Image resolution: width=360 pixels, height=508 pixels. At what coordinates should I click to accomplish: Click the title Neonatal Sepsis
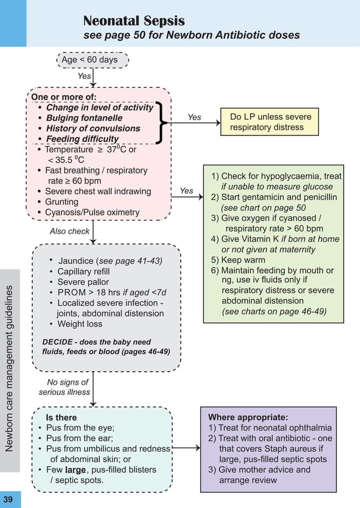click(x=134, y=21)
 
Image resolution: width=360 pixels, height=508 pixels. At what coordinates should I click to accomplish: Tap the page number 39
click(x=8, y=500)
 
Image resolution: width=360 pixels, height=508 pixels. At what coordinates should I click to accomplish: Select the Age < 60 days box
click(x=93, y=59)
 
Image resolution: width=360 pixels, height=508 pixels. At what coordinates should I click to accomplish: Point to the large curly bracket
click(x=162, y=123)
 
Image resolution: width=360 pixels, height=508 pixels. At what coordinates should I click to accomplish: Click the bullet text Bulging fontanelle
click(x=84, y=118)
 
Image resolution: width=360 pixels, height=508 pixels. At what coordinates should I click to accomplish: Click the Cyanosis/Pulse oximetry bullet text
click(x=92, y=212)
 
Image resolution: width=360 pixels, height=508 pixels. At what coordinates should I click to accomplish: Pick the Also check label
click(x=69, y=231)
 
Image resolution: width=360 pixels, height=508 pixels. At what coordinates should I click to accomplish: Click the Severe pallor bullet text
click(x=83, y=282)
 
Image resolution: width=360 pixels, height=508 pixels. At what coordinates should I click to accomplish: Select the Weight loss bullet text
click(x=80, y=324)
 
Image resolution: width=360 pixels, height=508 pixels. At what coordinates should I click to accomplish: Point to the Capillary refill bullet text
click(x=83, y=271)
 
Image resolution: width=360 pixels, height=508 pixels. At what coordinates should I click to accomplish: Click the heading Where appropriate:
click(x=248, y=418)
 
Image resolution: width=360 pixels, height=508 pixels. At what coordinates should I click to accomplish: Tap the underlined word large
click(x=76, y=470)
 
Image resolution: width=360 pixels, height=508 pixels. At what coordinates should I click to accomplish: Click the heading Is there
click(x=61, y=418)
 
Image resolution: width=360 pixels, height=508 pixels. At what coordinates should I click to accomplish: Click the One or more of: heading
click(x=64, y=97)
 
